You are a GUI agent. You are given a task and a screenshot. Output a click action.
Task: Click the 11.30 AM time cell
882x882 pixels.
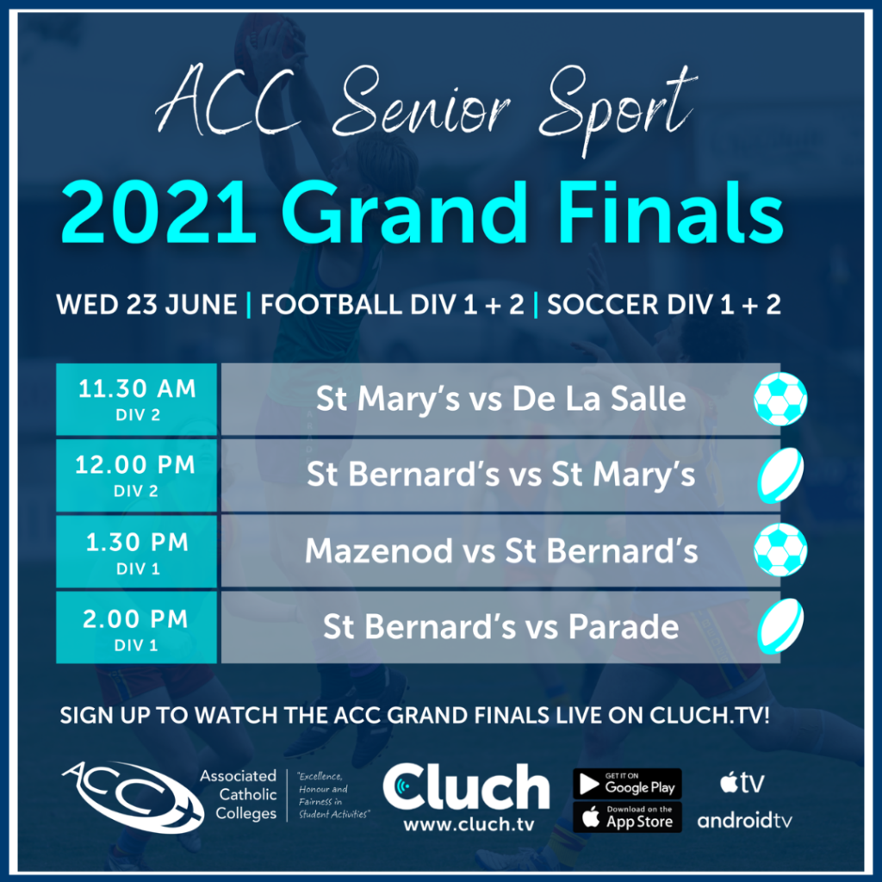tap(137, 400)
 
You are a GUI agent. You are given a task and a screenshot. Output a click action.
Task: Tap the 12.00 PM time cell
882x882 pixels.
tap(137, 475)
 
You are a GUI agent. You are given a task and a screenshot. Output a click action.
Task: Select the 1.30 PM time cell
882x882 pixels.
tap(137, 552)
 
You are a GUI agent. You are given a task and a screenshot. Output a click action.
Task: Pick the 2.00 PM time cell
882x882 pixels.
tap(137, 627)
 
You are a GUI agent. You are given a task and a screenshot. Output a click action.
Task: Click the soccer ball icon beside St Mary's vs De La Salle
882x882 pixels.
tap(780, 399)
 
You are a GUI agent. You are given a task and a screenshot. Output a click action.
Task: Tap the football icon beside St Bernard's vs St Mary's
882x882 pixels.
tap(780, 475)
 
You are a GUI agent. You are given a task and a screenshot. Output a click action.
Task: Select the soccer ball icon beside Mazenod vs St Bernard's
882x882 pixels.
tap(780, 550)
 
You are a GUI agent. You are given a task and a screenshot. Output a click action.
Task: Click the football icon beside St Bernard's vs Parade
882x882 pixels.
tap(780, 625)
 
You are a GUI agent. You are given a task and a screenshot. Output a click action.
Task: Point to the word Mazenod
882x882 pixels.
tap(379, 550)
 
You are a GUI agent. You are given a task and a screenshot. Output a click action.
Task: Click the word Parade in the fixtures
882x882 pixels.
tap(624, 627)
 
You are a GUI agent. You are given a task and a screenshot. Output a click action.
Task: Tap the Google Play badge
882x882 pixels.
tap(627, 784)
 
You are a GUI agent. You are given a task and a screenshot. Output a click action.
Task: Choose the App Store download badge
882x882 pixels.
tap(627, 817)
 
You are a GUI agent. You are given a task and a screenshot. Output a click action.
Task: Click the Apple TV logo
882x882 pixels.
tap(742, 782)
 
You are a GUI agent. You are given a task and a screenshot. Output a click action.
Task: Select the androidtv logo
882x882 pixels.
tap(744, 821)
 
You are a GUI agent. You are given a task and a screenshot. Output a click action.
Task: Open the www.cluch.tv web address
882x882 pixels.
tap(469, 824)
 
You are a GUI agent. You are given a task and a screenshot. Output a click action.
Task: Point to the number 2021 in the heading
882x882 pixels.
tap(159, 214)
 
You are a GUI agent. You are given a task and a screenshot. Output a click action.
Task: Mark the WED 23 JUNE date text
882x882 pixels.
tap(146, 305)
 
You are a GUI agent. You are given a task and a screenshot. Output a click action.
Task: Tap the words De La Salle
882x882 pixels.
tap(599, 399)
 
